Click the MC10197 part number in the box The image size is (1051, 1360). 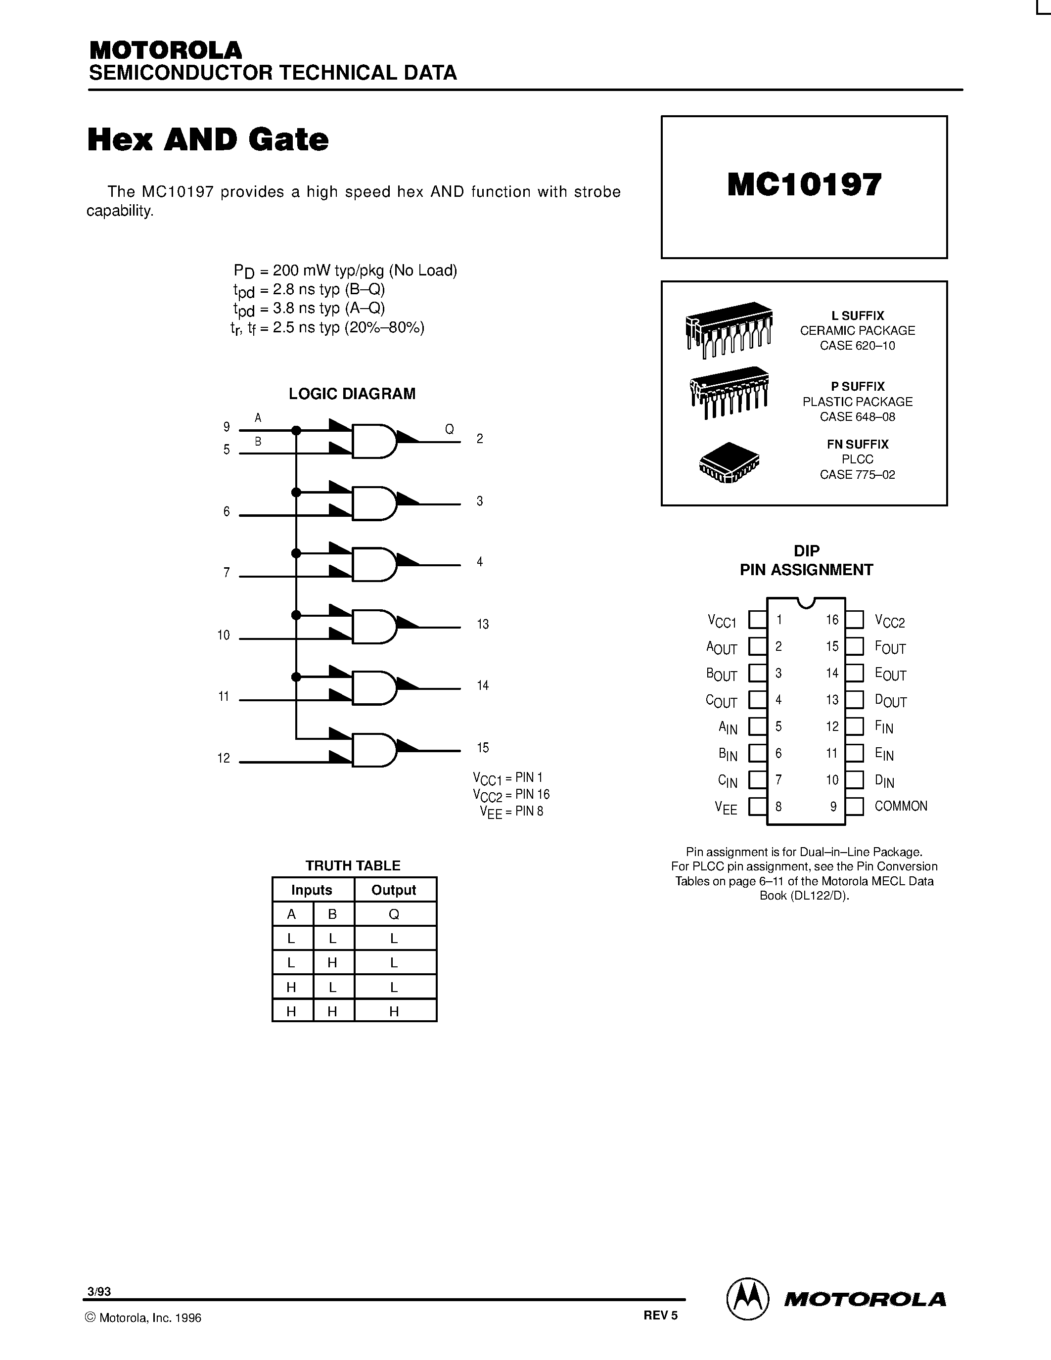[804, 185]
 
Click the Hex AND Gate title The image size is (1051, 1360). [208, 139]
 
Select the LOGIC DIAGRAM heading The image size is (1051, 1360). [352, 394]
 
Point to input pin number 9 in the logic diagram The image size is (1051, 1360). [227, 427]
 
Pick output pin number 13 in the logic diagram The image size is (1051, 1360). [483, 624]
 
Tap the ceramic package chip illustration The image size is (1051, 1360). [729, 328]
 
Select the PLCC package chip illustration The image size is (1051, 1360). [729, 463]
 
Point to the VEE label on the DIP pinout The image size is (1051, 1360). [726, 808]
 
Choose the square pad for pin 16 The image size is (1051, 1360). [855, 620]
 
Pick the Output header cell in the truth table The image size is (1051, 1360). [394, 890]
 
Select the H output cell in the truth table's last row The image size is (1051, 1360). [394, 1012]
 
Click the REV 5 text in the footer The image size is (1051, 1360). [661, 1315]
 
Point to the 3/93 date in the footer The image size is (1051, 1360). [99, 1291]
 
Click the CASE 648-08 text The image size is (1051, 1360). [857, 416]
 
